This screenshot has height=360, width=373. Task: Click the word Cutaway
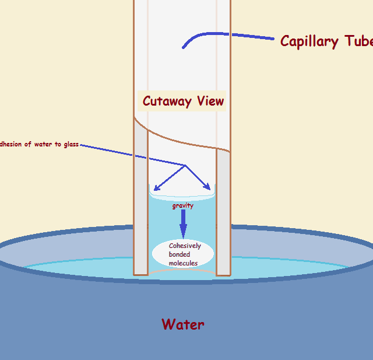pos(167,101)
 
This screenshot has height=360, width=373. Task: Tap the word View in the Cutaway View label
pos(210,101)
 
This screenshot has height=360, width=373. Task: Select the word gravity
pos(182,206)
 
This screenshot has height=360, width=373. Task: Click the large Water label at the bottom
pos(183,324)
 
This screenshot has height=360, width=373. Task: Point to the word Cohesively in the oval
pos(185,246)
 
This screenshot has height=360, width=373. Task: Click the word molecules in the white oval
pos(183,263)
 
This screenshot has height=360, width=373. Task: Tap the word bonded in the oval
pos(179,254)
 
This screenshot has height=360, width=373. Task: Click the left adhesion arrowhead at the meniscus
pos(156,188)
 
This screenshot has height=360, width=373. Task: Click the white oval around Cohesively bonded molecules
pos(160,254)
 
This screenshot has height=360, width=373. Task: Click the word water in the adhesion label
pos(43,144)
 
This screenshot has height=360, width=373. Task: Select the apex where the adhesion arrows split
pos(185,166)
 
